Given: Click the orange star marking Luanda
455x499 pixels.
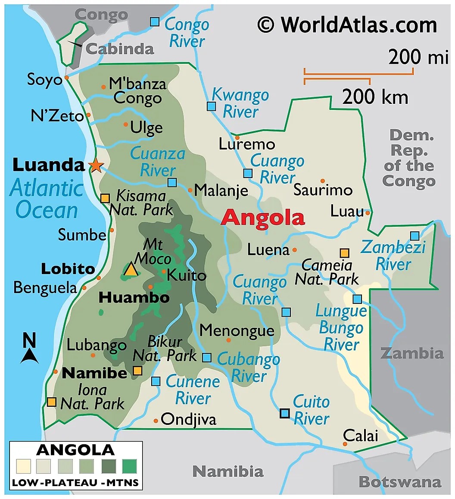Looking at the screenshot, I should tap(96, 165).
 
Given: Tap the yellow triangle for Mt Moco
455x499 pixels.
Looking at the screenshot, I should tap(131, 269).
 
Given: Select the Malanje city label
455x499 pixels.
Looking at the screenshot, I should tap(221, 190).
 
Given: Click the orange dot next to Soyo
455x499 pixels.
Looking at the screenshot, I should tap(67, 78).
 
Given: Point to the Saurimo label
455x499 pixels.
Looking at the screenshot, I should tap(323, 190).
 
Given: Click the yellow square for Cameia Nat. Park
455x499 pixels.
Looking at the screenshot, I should tap(344, 253).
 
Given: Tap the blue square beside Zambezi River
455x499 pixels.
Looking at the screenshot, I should tap(414, 236).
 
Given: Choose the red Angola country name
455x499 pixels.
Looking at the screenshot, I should tap(262, 218).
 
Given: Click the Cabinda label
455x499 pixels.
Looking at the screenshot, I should tap(120, 49).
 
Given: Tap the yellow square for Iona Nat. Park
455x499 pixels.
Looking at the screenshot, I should tap(52, 402).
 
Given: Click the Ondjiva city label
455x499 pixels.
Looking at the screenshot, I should tap(188, 419).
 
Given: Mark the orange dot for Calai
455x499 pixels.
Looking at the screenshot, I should tap(345, 444).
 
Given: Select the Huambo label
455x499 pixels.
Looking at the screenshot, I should tap(134, 298).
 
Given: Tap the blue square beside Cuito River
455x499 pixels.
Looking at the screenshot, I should tap(284, 413).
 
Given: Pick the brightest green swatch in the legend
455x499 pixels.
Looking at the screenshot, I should tap(129, 466).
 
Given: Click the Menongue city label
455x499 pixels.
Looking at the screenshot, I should tap(237, 331).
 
